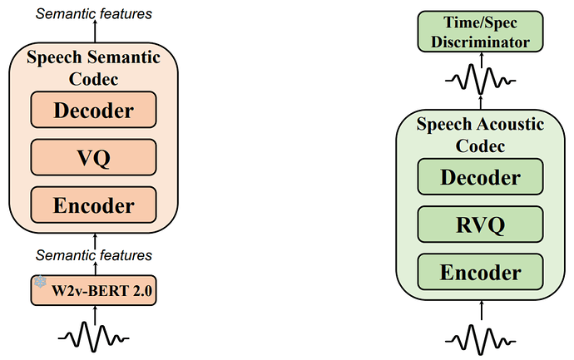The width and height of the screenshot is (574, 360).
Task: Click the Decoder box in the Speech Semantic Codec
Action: [x=93, y=109]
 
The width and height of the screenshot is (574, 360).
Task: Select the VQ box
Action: [x=93, y=155]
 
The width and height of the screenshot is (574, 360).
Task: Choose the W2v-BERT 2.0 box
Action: [x=93, y=290]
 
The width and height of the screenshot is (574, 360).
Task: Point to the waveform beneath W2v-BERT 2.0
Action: [x=93, y=337]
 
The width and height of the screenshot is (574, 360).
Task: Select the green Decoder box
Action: [x=480, y=177]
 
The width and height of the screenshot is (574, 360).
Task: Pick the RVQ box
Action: [x=480, y=224]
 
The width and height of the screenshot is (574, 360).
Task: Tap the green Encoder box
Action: [x=480, y=271]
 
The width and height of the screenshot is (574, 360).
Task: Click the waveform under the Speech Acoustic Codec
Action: [x=480, y=339]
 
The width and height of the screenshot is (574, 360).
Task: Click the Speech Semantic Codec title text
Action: [x=93, y=69]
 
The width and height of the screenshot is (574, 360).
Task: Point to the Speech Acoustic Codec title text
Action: [x=480, y=136]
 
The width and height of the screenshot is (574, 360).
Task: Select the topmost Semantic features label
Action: [x=94, y=12]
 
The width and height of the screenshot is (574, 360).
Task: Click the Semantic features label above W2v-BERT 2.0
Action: [x=94, y=254]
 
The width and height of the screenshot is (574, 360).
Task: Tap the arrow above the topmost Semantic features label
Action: [x=94, y=32]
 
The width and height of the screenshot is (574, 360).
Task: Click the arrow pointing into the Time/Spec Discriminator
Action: [x=480, y=59]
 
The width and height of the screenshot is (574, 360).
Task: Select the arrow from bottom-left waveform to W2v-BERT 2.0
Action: [x=94, y=313]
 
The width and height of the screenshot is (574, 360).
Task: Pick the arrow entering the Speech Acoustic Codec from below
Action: [x=480, y=308]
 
